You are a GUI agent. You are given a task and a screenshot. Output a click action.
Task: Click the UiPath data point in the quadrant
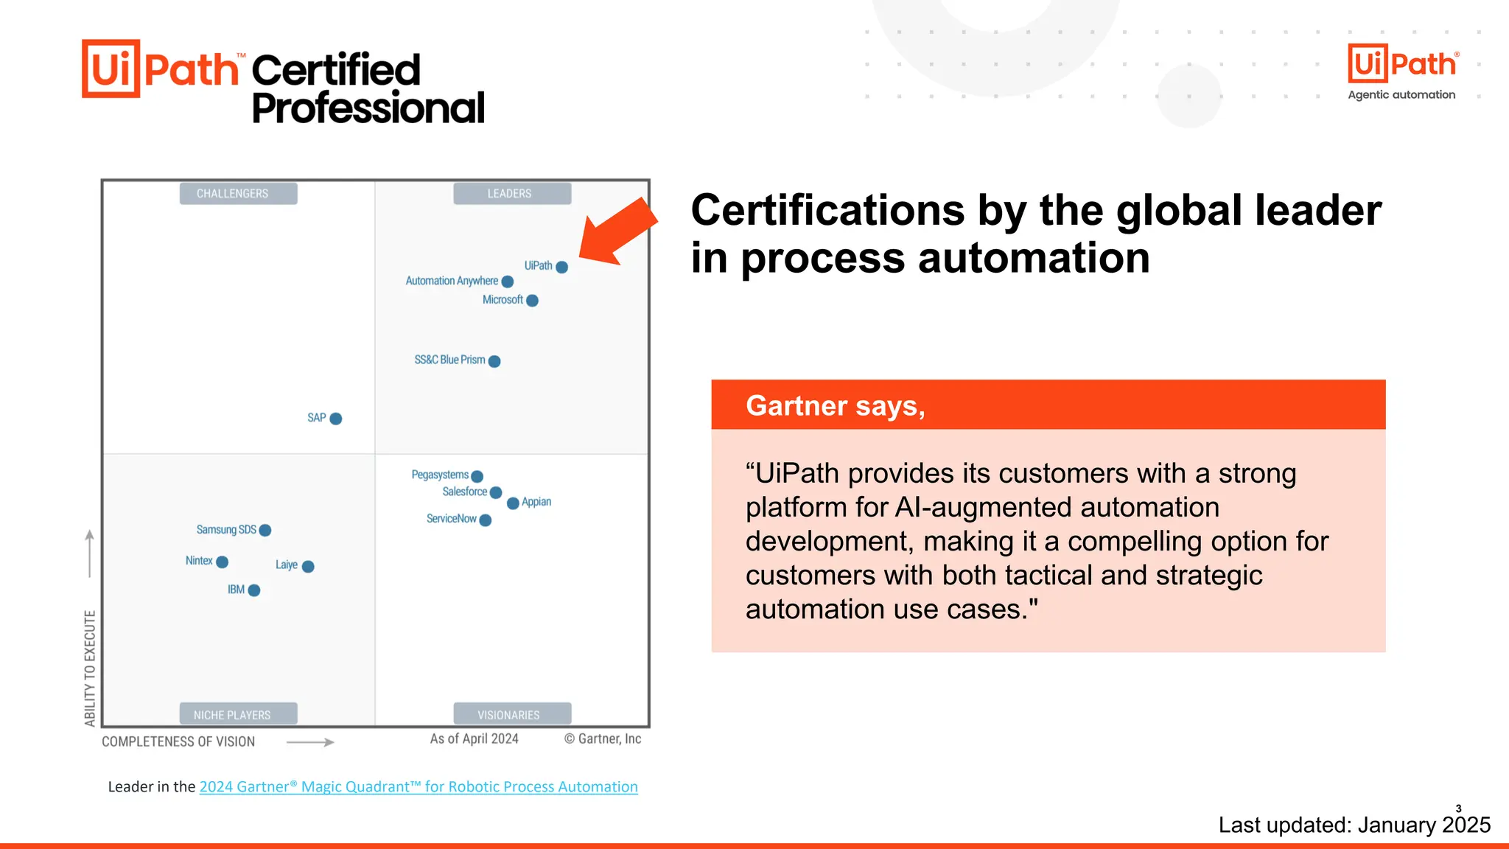click(x=561, y=267)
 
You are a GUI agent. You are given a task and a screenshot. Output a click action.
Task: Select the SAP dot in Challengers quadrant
click(x=336, y=419)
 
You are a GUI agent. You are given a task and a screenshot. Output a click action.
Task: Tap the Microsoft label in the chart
click(x=503, y=300)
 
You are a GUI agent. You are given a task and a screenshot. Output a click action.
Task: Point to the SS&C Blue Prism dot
click(x=494, y=361)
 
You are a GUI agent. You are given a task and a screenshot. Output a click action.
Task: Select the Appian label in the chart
click(x=536, y=502)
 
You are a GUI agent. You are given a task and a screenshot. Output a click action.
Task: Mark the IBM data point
click(x=254, y=590)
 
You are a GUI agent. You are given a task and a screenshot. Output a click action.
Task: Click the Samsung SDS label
click(x=226, y=530)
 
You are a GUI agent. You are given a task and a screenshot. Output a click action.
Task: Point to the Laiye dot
click(x=308, y=566)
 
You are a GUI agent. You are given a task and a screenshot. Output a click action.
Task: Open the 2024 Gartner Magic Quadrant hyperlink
click(x=418, y=787)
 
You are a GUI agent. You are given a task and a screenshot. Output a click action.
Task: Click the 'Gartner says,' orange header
click(x=1048, y=405)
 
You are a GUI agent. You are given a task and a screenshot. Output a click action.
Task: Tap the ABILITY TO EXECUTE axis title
click(x=90, y=668)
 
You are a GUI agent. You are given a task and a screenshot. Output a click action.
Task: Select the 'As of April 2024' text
click(x=474, y=738)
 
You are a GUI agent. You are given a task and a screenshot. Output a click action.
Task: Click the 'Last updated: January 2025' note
click(x=1354, y=825)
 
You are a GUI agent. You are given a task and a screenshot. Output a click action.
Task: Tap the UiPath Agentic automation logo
click(x=1401, y=72)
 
